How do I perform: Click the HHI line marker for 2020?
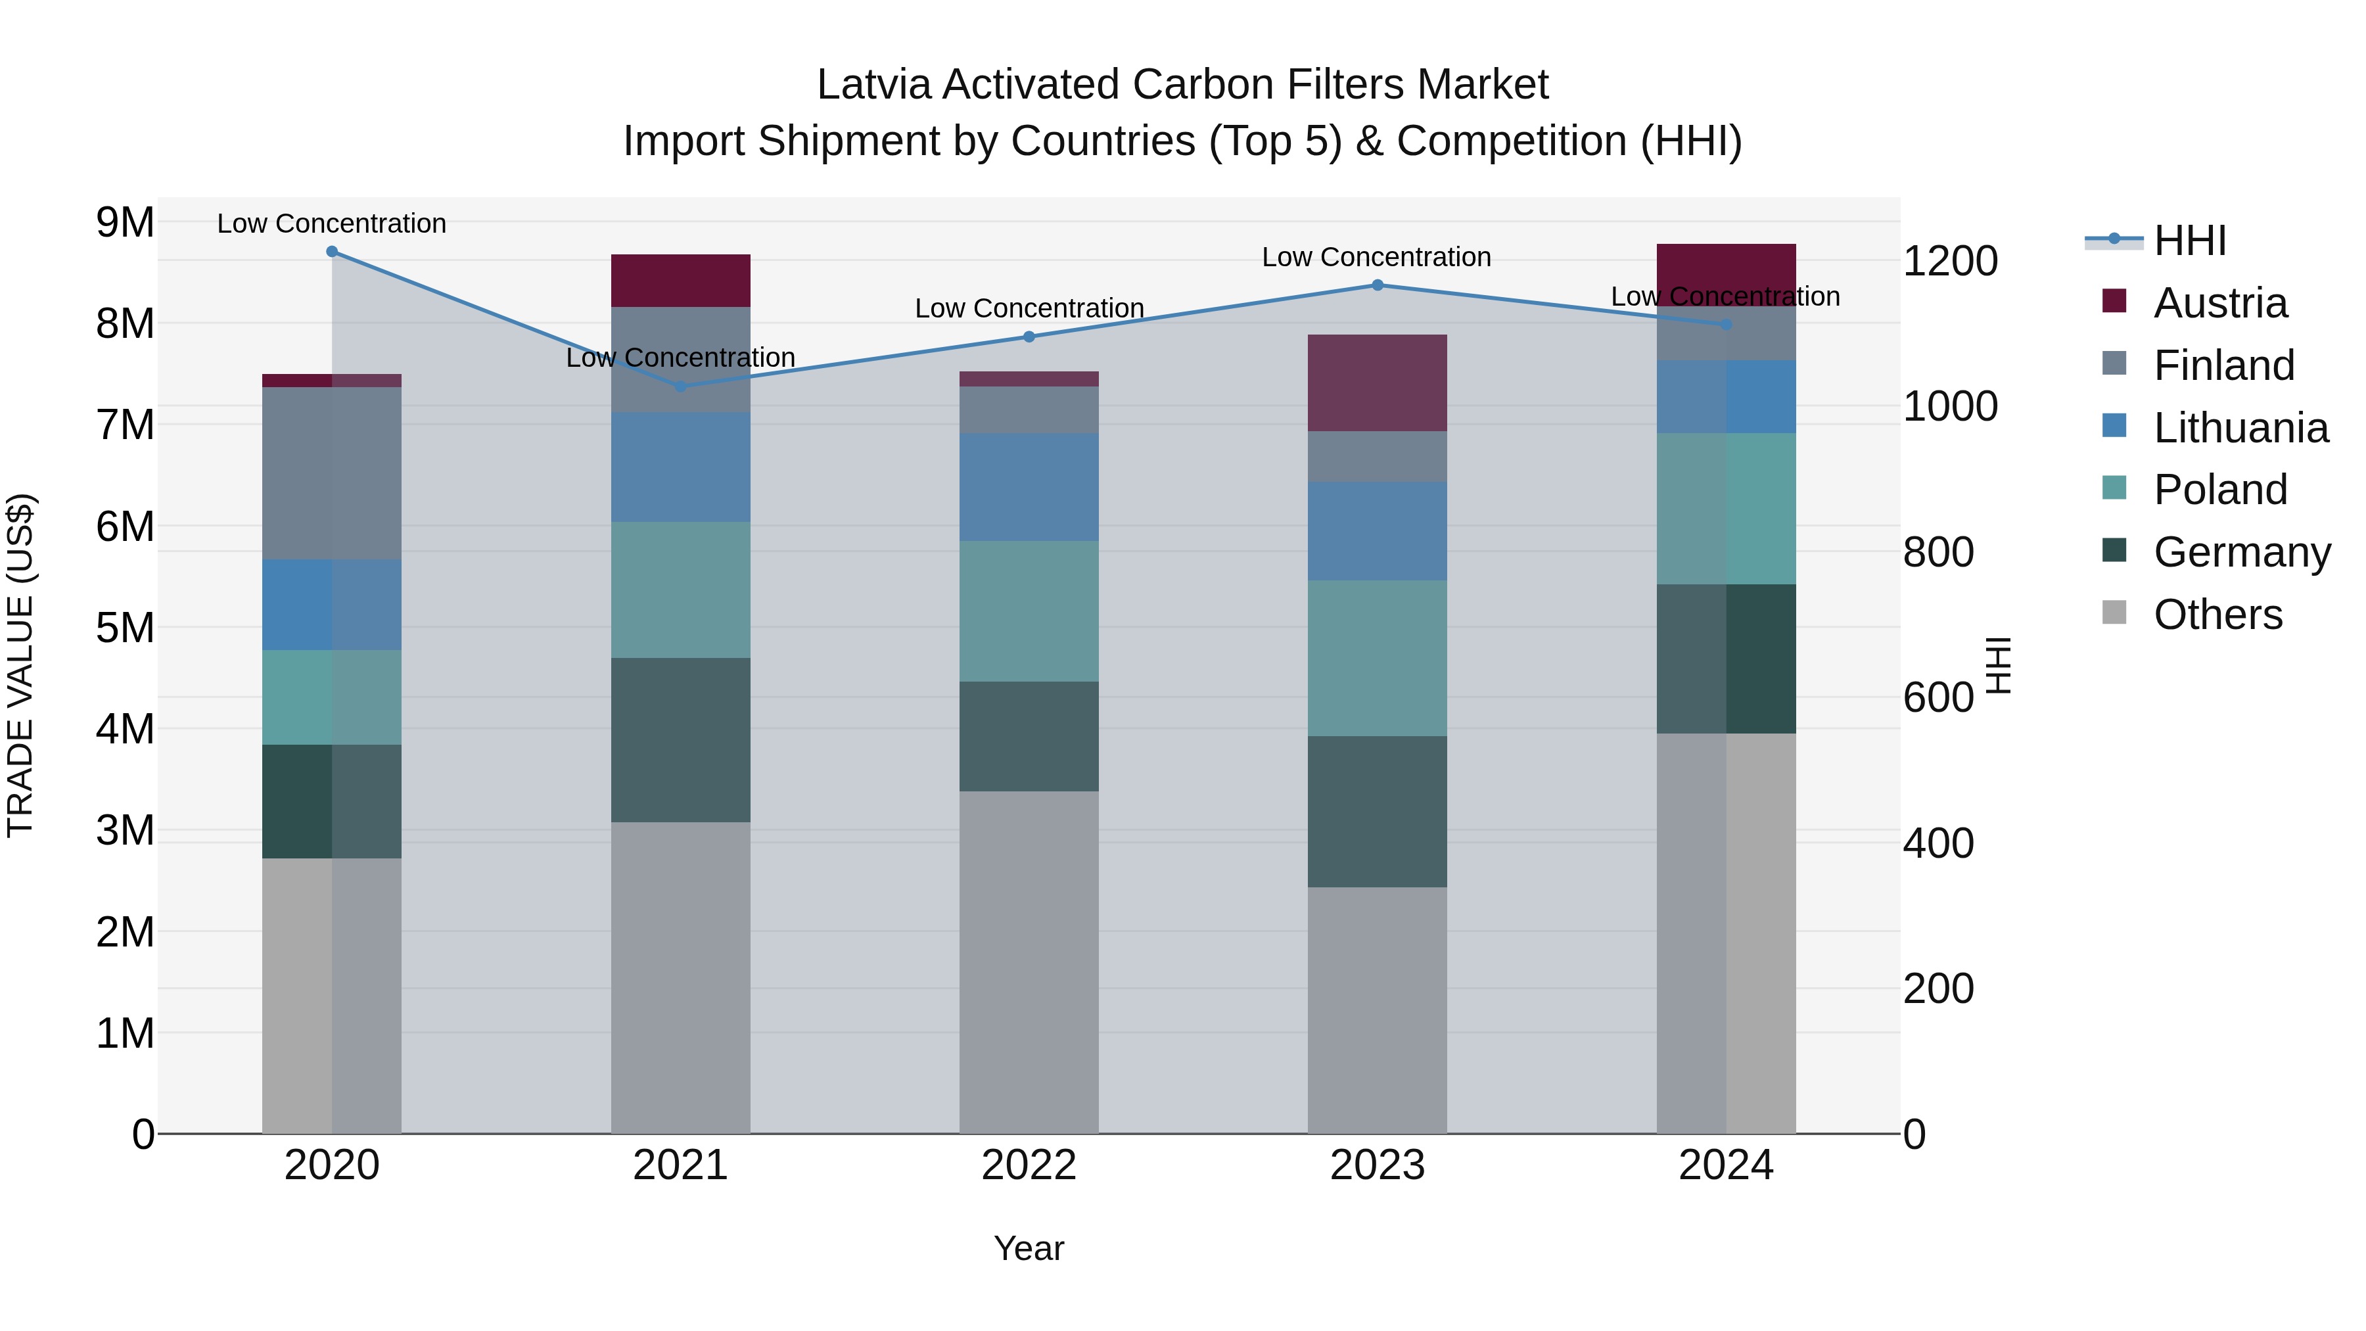[333, 252]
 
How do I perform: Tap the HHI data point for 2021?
[681, 386]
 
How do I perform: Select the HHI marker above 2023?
[1377, 286]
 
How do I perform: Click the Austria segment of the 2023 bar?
[1377, 383]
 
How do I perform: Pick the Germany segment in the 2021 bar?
[681, 739]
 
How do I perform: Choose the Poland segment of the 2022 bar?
[1029, 611]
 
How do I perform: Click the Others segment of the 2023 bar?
[1377, 1010]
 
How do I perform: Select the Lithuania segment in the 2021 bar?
[681, 467]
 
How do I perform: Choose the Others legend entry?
[2217, 615]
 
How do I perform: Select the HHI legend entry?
[2189, 241]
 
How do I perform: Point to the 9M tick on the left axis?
[125, 222]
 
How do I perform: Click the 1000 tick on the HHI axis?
[1949, 406]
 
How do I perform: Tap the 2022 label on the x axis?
[1029, 1165]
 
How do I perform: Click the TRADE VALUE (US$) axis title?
[20, 665]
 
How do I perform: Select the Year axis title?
[1029, 1248]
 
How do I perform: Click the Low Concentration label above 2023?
[1376, 257]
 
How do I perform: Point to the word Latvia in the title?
[873, 85]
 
